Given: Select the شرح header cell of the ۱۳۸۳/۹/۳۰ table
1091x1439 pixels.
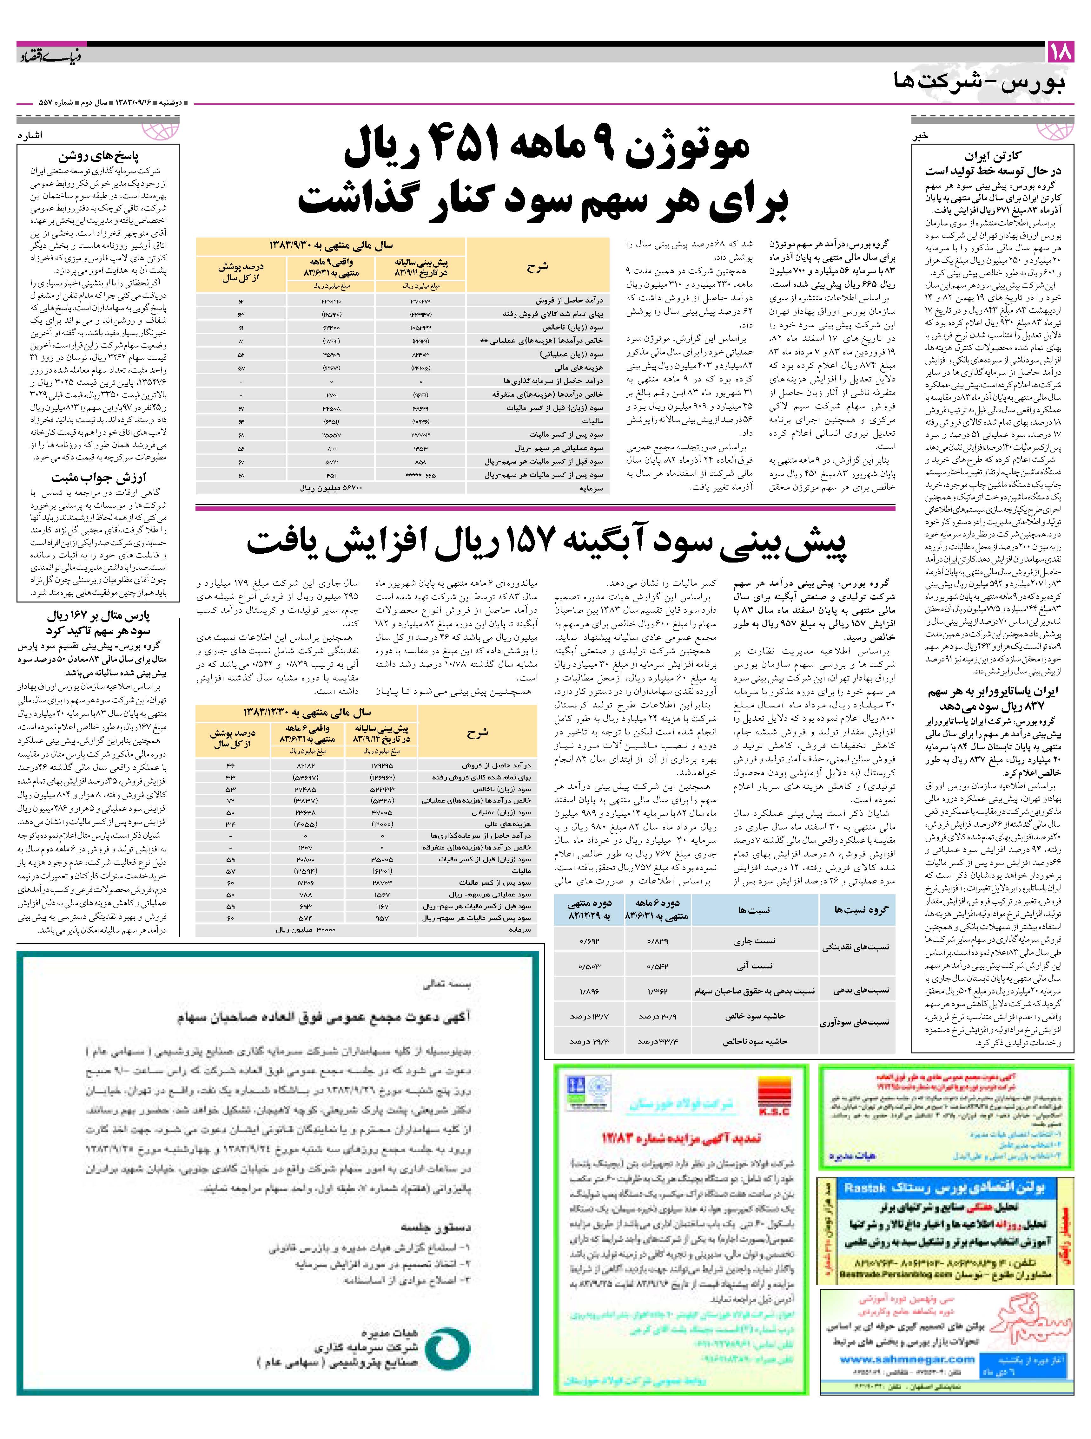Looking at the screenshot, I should coord(538,266).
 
